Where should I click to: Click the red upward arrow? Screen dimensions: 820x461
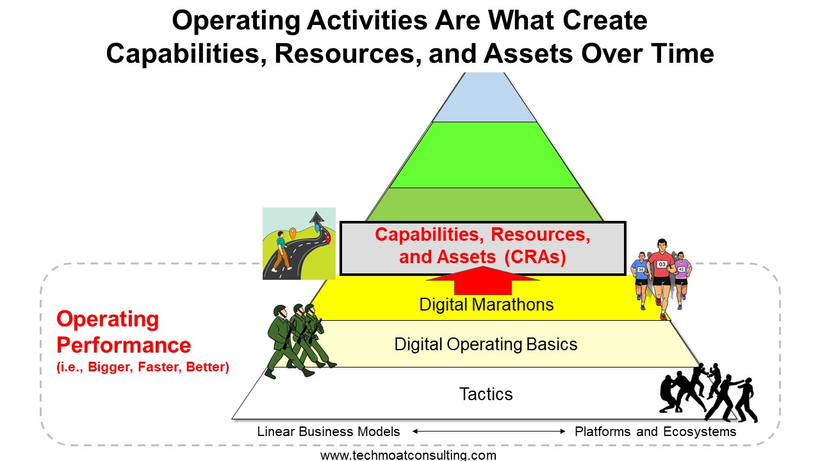click(x=483, y=282)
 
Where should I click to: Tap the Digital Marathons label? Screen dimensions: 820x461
click(x=486, y=304)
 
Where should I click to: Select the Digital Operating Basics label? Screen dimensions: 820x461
click(x=486, y=344)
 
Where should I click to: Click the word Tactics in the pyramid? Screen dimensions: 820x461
click(x=486, y=394)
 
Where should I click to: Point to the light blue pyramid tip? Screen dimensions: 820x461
click(x=485, y=97)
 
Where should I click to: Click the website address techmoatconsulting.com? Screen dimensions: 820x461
click(x=408, y=455)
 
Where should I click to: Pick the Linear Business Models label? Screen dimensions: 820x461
click(x=329, y=432)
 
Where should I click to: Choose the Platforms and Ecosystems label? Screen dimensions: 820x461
click(x=655, y=432)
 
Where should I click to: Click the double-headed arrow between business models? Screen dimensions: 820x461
click(x=489, y=432)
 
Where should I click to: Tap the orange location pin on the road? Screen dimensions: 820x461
click(x=293, y=233)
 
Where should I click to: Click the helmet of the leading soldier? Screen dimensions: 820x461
click(x=280, y=311)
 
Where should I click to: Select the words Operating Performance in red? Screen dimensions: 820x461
click(x=124, y=332)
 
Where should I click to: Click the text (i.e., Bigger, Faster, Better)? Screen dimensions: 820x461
click(x=143, y=367)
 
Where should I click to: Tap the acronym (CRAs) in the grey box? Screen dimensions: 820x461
click(x=535, y=257)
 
